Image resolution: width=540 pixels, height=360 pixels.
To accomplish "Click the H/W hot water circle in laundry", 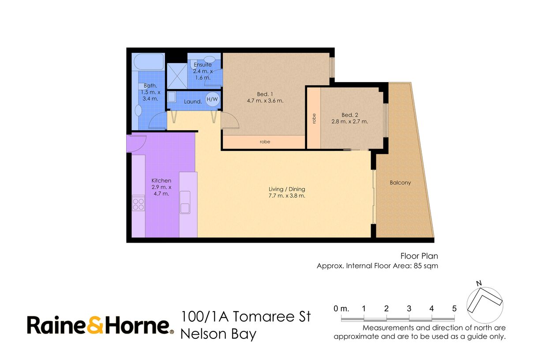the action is pyautogui.click(x=212, y=99).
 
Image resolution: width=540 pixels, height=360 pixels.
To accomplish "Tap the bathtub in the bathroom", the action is pyautogui.click(x=149, y=62).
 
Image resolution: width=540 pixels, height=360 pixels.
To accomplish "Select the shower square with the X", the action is pyautogui.click(x=177, y=76).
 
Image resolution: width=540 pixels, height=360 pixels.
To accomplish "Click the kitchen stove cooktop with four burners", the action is pyautogui.click(x=139, y=204).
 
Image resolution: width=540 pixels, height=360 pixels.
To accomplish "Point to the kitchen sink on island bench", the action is pyautogui.click(x=185, y=202).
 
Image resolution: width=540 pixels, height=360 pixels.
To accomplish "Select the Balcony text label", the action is pyautogui.click(x=400, y=183).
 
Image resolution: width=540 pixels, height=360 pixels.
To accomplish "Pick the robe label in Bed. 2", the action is pyautogui.click(x=314, y=119).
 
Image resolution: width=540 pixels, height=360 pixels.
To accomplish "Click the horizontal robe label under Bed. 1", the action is pyautogui.click(x=265, y=142).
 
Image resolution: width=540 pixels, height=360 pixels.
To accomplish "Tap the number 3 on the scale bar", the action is pyautogui.click(x=409, y=308).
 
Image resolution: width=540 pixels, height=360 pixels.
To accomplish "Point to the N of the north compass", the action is pyautogui.click(x=479, y=283).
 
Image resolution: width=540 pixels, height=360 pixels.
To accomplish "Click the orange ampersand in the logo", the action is pyautogui.click(x=95, y=325).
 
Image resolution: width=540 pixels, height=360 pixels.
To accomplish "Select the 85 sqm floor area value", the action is pyautogui.click(x=426, y=266).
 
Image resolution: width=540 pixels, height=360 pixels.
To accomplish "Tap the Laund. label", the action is pyautogui.click(x=193, y=102).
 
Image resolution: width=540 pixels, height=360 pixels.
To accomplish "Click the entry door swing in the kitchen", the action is pyautogui.click(x=136, y=143).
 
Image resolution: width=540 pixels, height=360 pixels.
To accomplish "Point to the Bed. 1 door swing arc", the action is pyautogui.click(x=230, y=120).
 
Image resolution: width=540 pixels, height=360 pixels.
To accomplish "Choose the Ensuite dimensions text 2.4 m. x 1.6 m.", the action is pyautogui.click(x=203, y=75).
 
